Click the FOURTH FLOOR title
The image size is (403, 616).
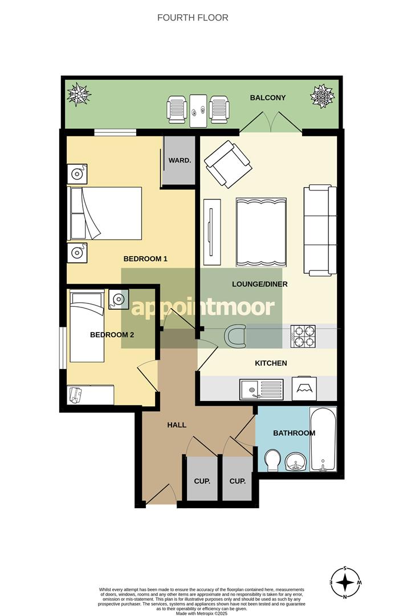click(193, 18)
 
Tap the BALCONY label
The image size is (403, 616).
click(267, 98)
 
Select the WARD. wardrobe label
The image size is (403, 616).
click(180, 160)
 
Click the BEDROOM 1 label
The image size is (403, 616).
click(145, 259)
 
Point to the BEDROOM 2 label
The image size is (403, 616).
click(112, 335)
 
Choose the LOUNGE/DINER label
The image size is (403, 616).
click(259, 284)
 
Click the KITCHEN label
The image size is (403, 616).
click(271, 363)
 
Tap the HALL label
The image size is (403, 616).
click(177, 425)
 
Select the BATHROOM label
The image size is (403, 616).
click(294, 433)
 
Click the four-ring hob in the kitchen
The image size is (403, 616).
click(303, 336)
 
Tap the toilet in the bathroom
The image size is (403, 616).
click(273, 460)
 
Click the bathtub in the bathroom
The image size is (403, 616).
click(323, 439)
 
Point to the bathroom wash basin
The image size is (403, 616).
click(295, 461)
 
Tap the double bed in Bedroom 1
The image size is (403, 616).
click(105, 213)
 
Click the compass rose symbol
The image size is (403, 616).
click(345, 582)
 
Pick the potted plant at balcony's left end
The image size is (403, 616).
click(78, 95)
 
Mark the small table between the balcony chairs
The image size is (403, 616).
click(198, 111)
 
